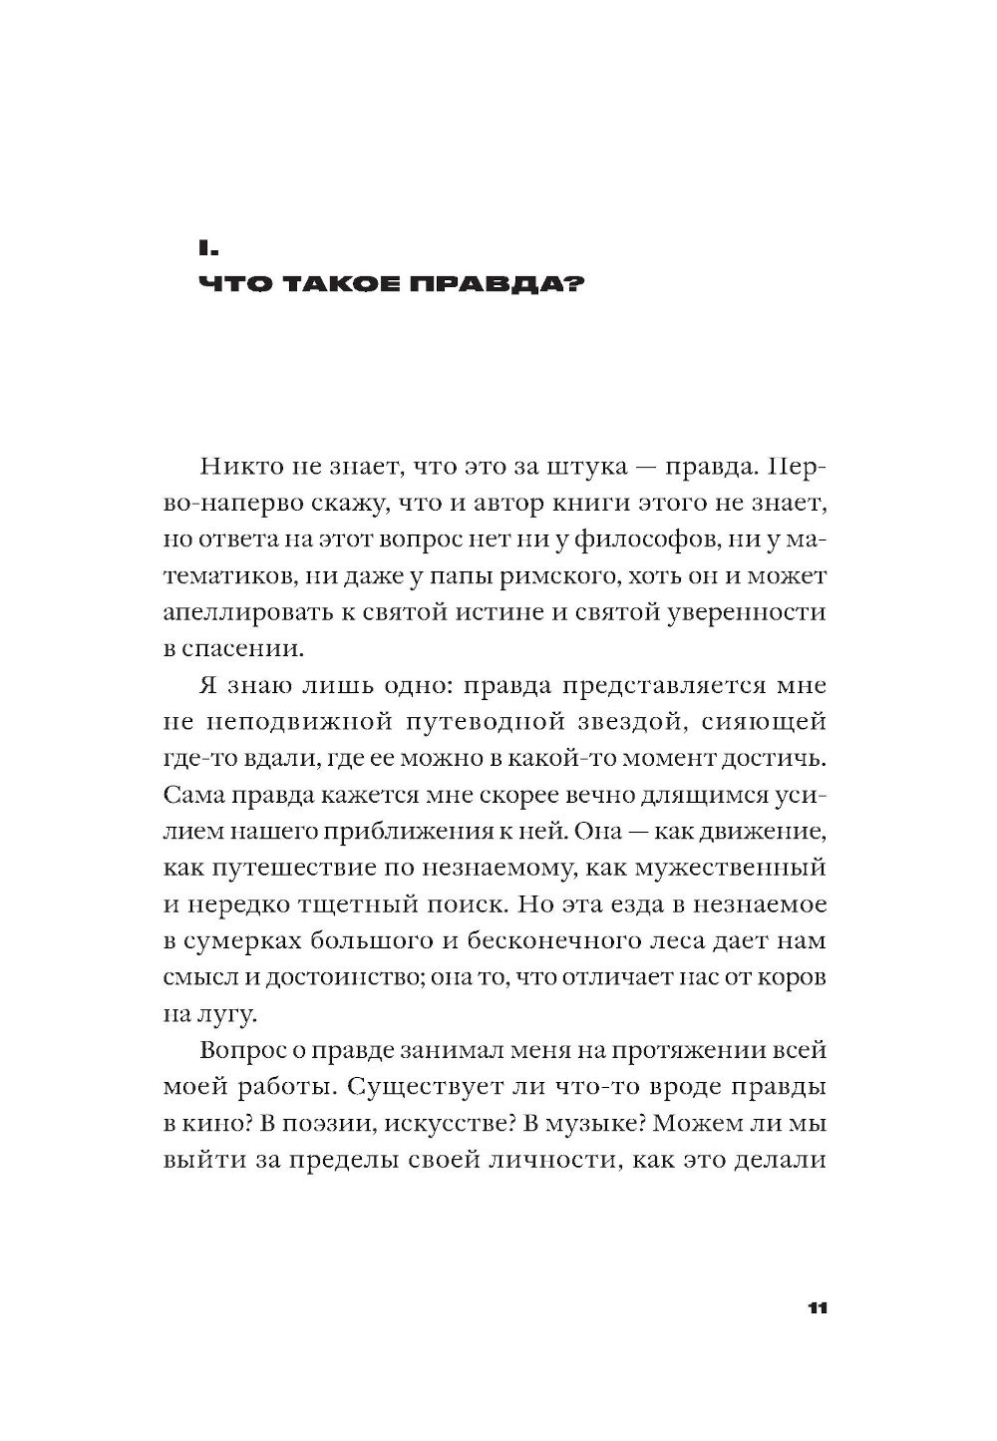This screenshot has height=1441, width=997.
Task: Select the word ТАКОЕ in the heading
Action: [343, 285]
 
